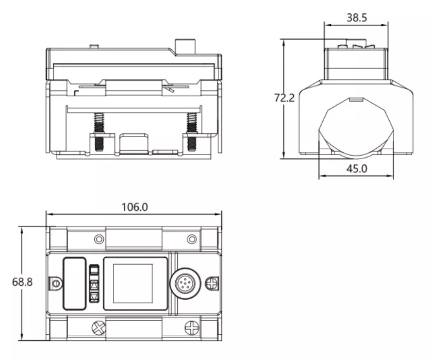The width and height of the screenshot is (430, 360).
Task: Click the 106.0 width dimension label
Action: point(135,207)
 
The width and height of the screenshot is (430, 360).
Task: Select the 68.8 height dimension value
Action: point(22,282)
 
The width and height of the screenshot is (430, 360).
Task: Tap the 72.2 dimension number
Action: point(285,98)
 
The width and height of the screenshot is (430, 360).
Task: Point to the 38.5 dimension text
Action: point(356,18)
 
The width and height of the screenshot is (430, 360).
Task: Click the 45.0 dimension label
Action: point(356,168)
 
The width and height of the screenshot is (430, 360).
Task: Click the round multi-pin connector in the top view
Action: point(186,284)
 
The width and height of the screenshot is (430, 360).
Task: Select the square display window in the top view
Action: point(133,284)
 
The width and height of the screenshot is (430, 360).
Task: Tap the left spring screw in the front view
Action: point(98,131)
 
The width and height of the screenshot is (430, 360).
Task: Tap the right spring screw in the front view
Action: point(192,131)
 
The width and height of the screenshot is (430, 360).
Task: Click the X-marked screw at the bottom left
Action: point(98,328)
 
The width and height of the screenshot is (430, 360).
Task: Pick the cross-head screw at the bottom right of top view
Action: point(192,328)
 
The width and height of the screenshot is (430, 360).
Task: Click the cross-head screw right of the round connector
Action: point(212,284)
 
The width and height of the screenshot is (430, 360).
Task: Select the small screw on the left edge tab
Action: point(56,283)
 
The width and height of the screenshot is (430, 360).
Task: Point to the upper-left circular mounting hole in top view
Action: point(99,239)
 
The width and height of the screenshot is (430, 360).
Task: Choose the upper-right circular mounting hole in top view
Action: point(192,239)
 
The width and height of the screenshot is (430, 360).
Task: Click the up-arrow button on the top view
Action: point(94,285)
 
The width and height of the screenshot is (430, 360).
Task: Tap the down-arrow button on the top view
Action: point(94,297)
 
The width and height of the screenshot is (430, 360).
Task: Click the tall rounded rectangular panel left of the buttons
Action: point(75,284)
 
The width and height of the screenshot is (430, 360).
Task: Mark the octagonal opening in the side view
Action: point(356,128)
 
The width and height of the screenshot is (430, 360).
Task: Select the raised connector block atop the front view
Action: point(185,46)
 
